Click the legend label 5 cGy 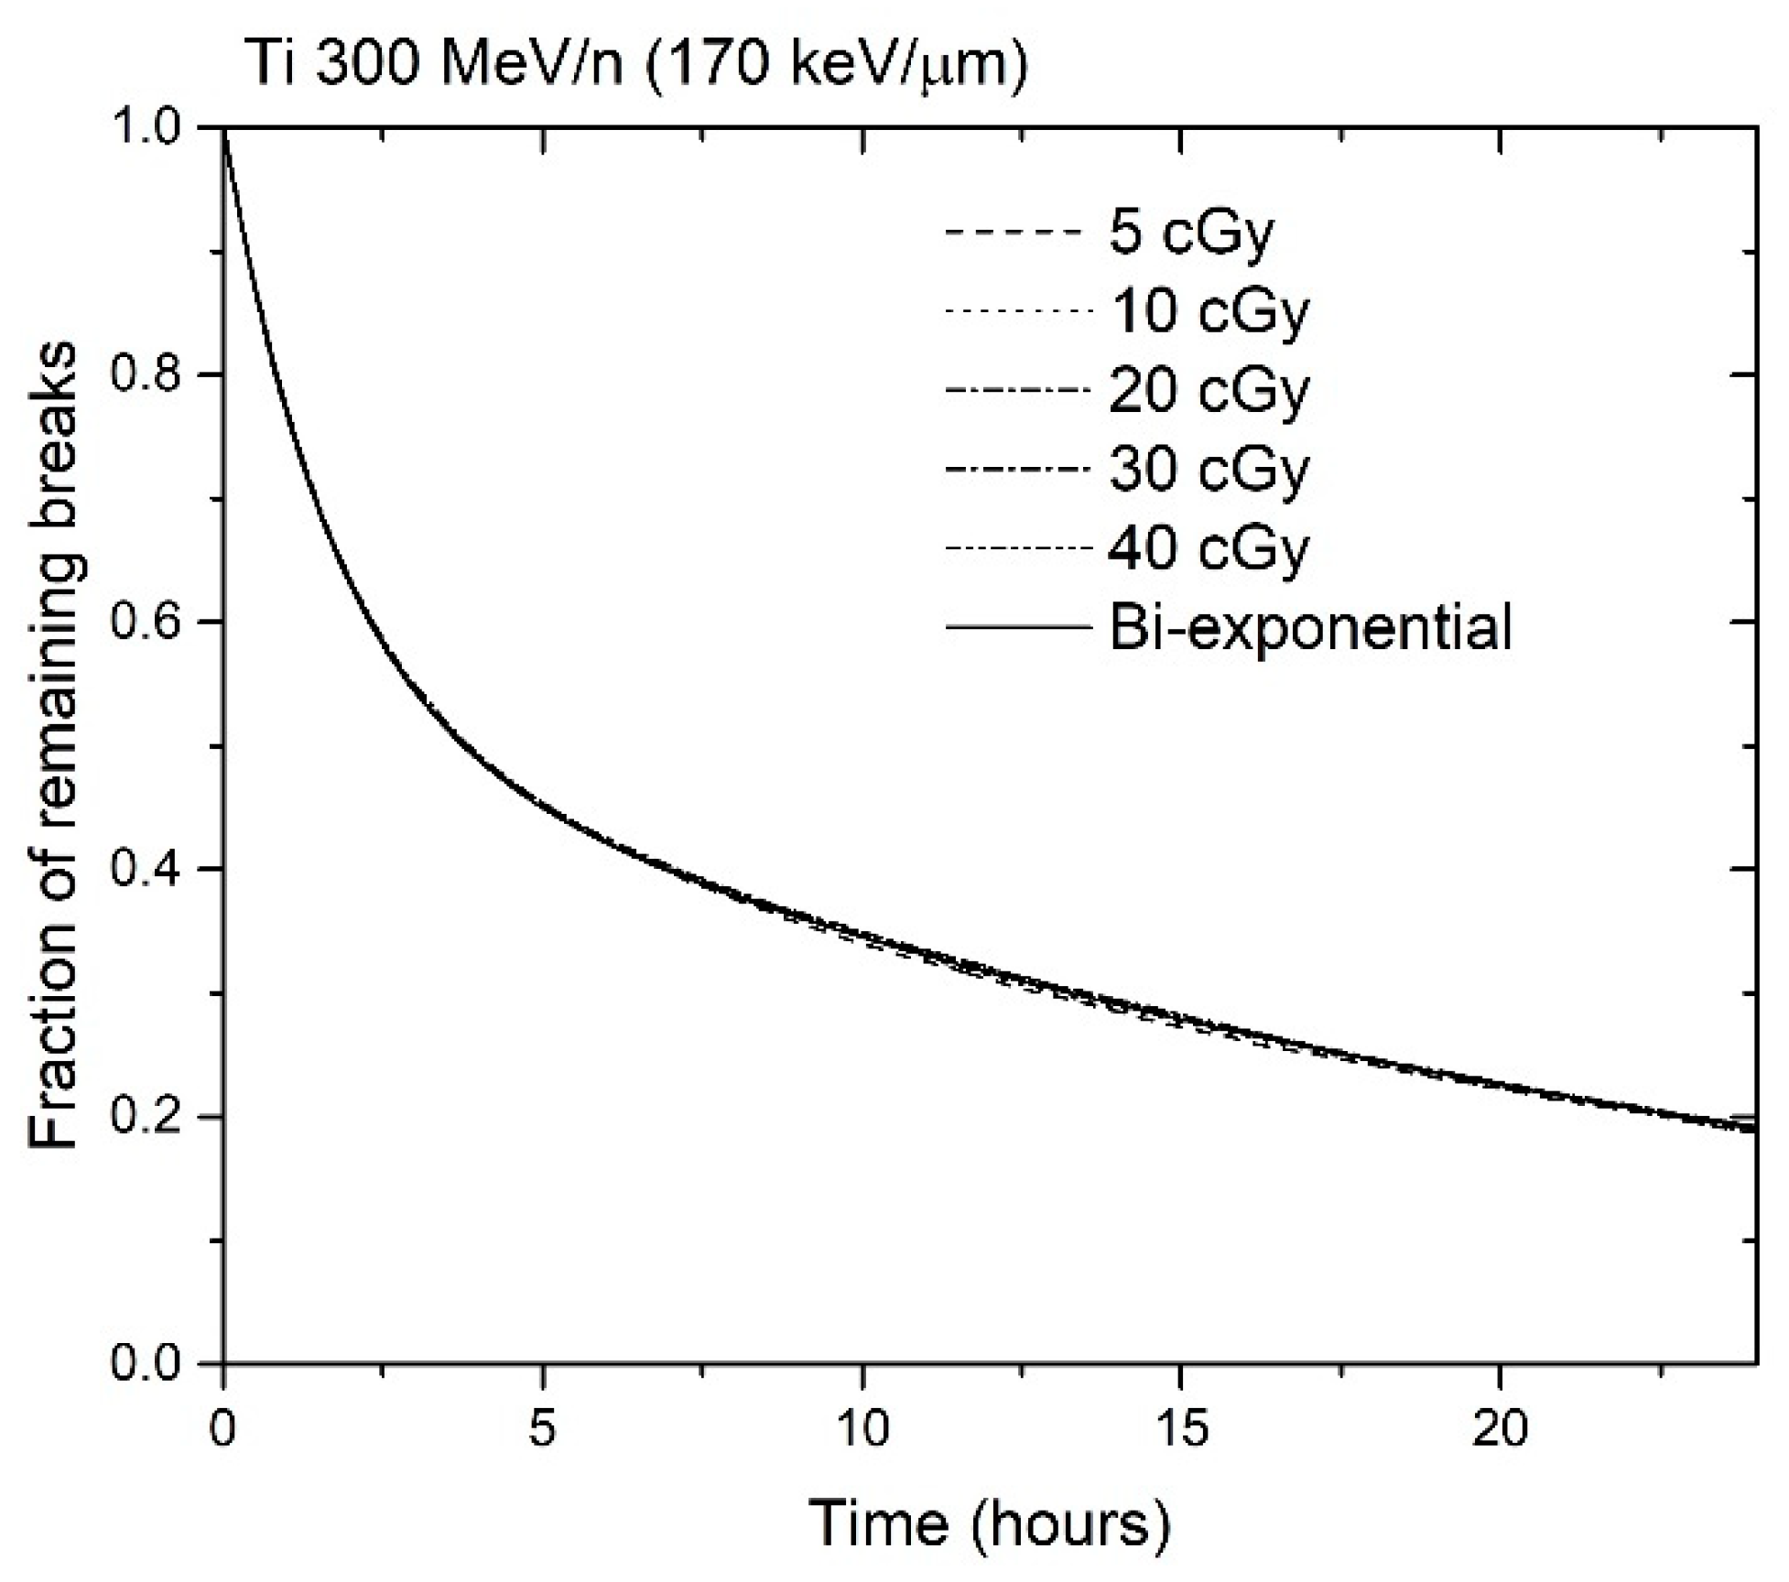tap(1191, 233)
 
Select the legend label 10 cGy tap(1209, 312)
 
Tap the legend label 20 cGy tap(1209, 391)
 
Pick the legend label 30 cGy tap(1209, 470)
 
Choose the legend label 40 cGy tap(1209, 548)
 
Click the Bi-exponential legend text tap(1310, 628)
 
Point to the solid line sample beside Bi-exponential tap(1019, 628)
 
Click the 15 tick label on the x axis tap(1180, 1429)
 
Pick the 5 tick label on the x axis tap(543, 1429)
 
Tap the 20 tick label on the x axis tap(1500, 1429)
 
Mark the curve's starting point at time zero tap(225, 129)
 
